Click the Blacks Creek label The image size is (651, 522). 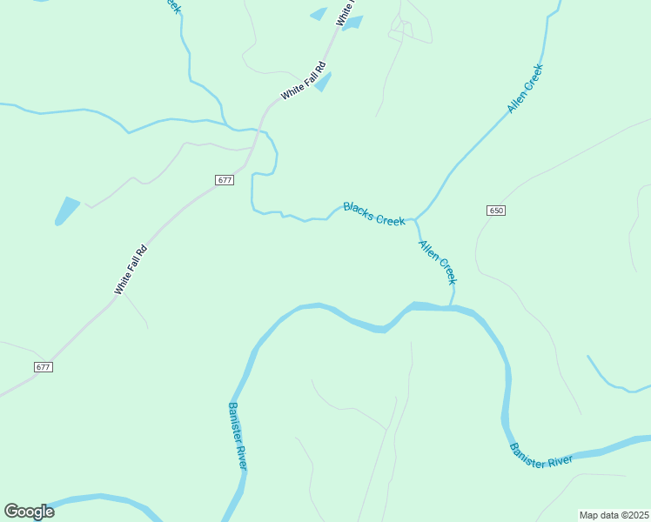[373, 213]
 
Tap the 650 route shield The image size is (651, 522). [496, 211]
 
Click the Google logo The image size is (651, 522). [29, 512]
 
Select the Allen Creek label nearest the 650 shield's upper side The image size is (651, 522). [526, 88]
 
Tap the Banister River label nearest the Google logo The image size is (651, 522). [237, 436]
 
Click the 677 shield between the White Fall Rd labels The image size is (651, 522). [225, 180]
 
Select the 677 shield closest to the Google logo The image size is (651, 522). [44, 367]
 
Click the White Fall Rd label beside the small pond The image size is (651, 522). [303, 81]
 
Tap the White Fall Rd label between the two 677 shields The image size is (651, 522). [131, 270]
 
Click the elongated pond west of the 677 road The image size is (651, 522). [66, 211]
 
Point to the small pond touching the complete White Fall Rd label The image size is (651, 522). [323, 82]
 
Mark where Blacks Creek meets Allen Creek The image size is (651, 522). [414, 219]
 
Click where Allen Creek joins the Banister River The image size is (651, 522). [451, 305]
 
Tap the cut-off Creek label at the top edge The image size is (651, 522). [171, 5]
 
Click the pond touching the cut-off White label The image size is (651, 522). [353, 23]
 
